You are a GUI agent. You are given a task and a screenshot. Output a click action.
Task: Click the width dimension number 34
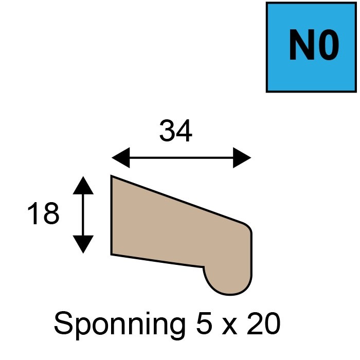(176, 131)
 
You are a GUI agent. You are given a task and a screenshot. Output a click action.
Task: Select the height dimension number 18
(43, 213)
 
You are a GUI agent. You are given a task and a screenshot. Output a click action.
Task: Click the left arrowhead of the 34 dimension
(120, 158)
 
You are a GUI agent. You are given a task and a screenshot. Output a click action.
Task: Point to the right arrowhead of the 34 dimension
(242, 158)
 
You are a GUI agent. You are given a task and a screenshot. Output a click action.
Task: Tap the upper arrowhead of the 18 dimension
(83, 185)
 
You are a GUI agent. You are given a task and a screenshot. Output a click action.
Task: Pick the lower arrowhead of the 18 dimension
(83, 244)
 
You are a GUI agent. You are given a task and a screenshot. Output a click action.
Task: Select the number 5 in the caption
(204, 322)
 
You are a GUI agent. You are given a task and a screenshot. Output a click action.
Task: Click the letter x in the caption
(229, 326)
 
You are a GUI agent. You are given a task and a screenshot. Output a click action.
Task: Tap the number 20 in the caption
(264, 322)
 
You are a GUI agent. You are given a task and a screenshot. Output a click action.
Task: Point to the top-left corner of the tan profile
(112, 176)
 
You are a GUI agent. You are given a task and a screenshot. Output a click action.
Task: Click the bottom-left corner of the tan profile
(112, 255)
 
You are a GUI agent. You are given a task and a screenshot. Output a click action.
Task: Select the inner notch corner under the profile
(204, 267)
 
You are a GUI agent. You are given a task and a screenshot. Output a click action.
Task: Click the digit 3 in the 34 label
(167, 131)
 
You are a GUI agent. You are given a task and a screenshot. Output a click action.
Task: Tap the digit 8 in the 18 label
(51, 213)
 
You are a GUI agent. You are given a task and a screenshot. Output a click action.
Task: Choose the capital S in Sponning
(63, 322)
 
